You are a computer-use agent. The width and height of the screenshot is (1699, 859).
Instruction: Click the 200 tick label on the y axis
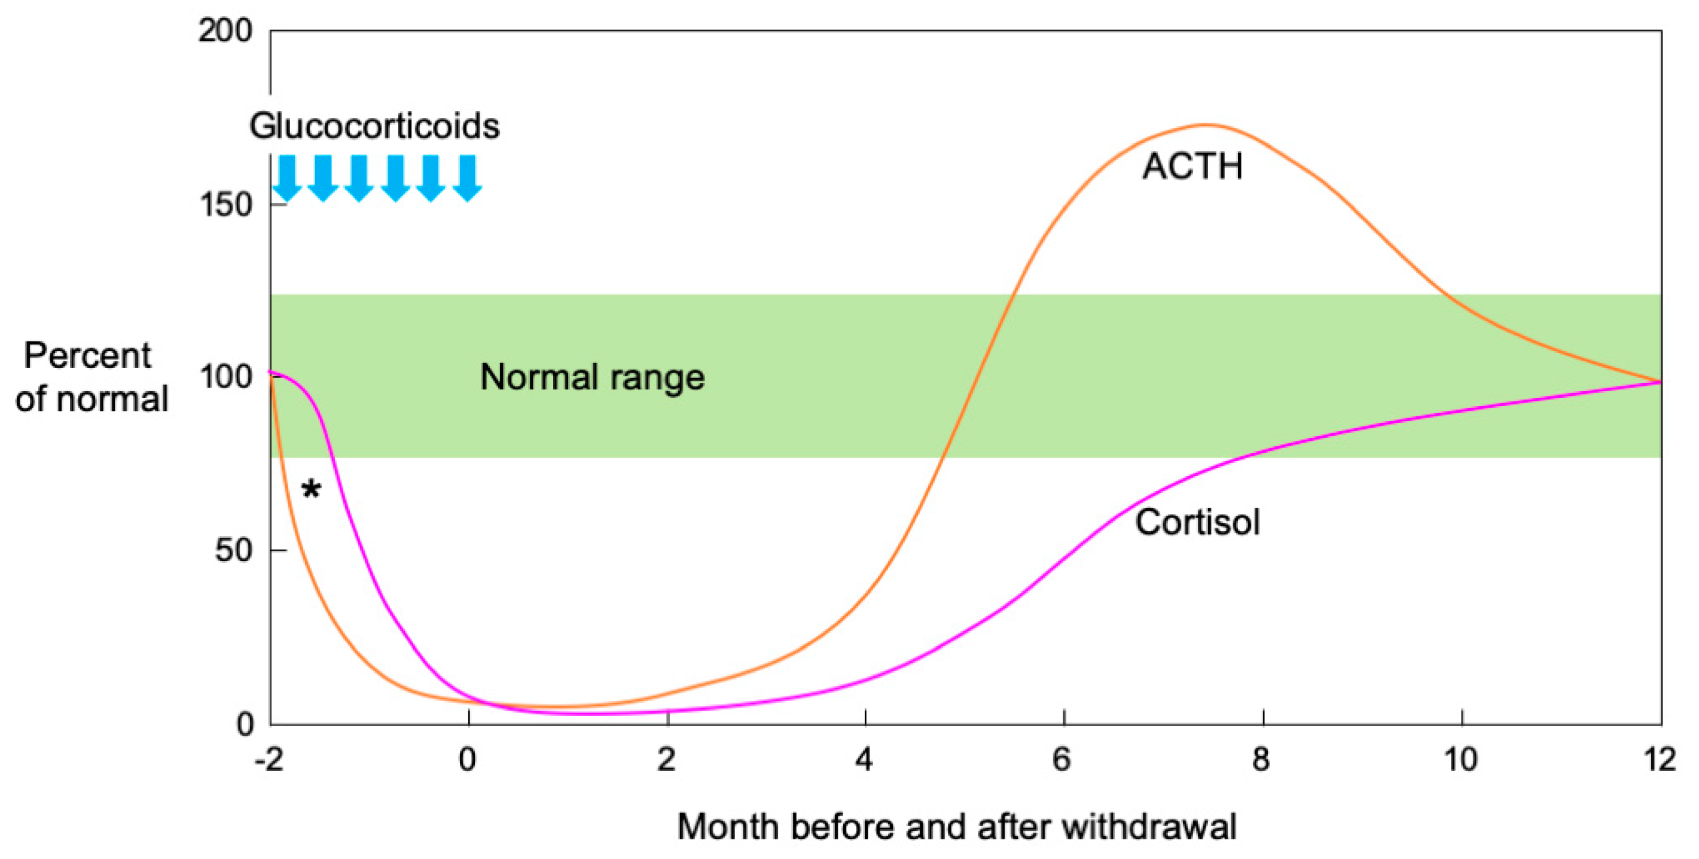coord(225,31)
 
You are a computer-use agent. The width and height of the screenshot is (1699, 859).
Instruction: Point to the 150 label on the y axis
coord(225,205)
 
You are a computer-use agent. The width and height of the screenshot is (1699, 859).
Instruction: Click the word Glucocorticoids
coord(374,126)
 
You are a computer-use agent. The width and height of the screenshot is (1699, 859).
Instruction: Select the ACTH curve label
coord(1192,166)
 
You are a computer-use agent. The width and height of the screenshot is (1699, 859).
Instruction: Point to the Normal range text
coord(592,377)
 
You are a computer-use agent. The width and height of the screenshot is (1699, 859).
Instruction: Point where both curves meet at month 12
coord(1660,382)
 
